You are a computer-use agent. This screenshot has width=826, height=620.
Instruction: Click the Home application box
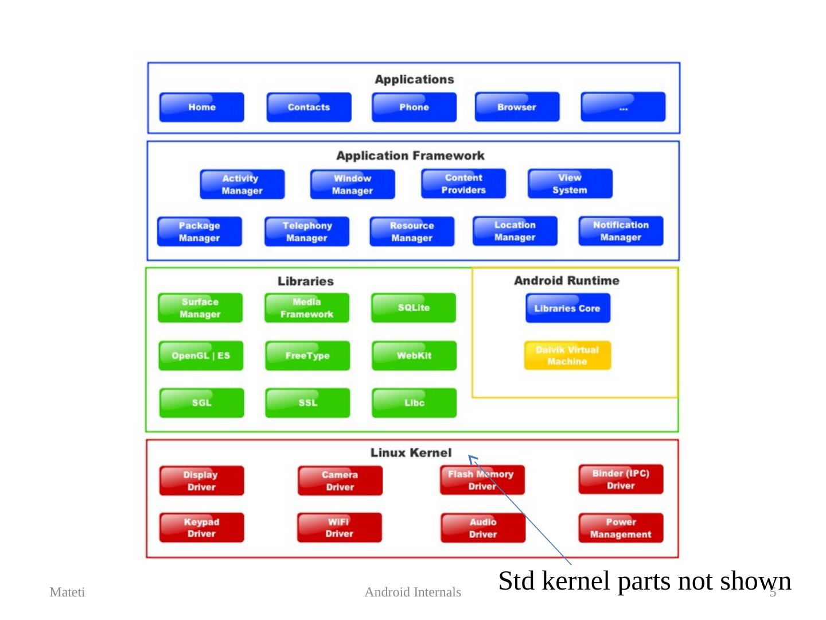[x=201, y=107]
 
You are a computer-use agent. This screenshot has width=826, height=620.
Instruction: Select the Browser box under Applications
[x=517, y=107]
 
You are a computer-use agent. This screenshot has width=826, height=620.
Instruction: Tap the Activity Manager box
[x=242, y=184]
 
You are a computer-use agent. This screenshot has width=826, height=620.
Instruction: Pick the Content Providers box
[x=463, y=184]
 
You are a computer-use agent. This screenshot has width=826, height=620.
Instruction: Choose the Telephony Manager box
[x=307, y=231]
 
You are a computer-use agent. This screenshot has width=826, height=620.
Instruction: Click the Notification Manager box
[x=621, y=231]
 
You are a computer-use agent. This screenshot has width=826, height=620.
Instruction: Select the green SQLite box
[x=414, y=308]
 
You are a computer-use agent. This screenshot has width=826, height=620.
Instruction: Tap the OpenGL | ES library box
[x=201, y=355]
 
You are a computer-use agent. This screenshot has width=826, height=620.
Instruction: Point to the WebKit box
[x=414, y=355]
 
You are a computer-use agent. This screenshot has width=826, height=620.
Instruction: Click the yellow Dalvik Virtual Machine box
[x=567, y=355]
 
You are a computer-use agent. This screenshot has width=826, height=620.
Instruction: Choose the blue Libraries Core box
[x=567, y=308]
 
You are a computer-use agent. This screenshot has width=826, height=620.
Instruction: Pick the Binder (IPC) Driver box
[x=621, y=479]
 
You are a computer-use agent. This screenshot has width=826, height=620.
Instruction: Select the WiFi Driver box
[x=340, y=528]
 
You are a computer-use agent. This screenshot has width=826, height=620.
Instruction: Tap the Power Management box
[x=621, y=528]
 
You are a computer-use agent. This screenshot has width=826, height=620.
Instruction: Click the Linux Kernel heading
[x=411, y=453]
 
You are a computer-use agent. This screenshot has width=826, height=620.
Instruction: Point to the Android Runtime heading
[x=567, y=281]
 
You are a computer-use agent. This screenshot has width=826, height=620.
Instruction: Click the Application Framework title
[x=410, y=156]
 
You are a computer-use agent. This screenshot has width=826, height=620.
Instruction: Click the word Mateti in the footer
[x=67, y=592]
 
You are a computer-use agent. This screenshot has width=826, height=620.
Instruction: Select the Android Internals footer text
[x=412, y=592]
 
